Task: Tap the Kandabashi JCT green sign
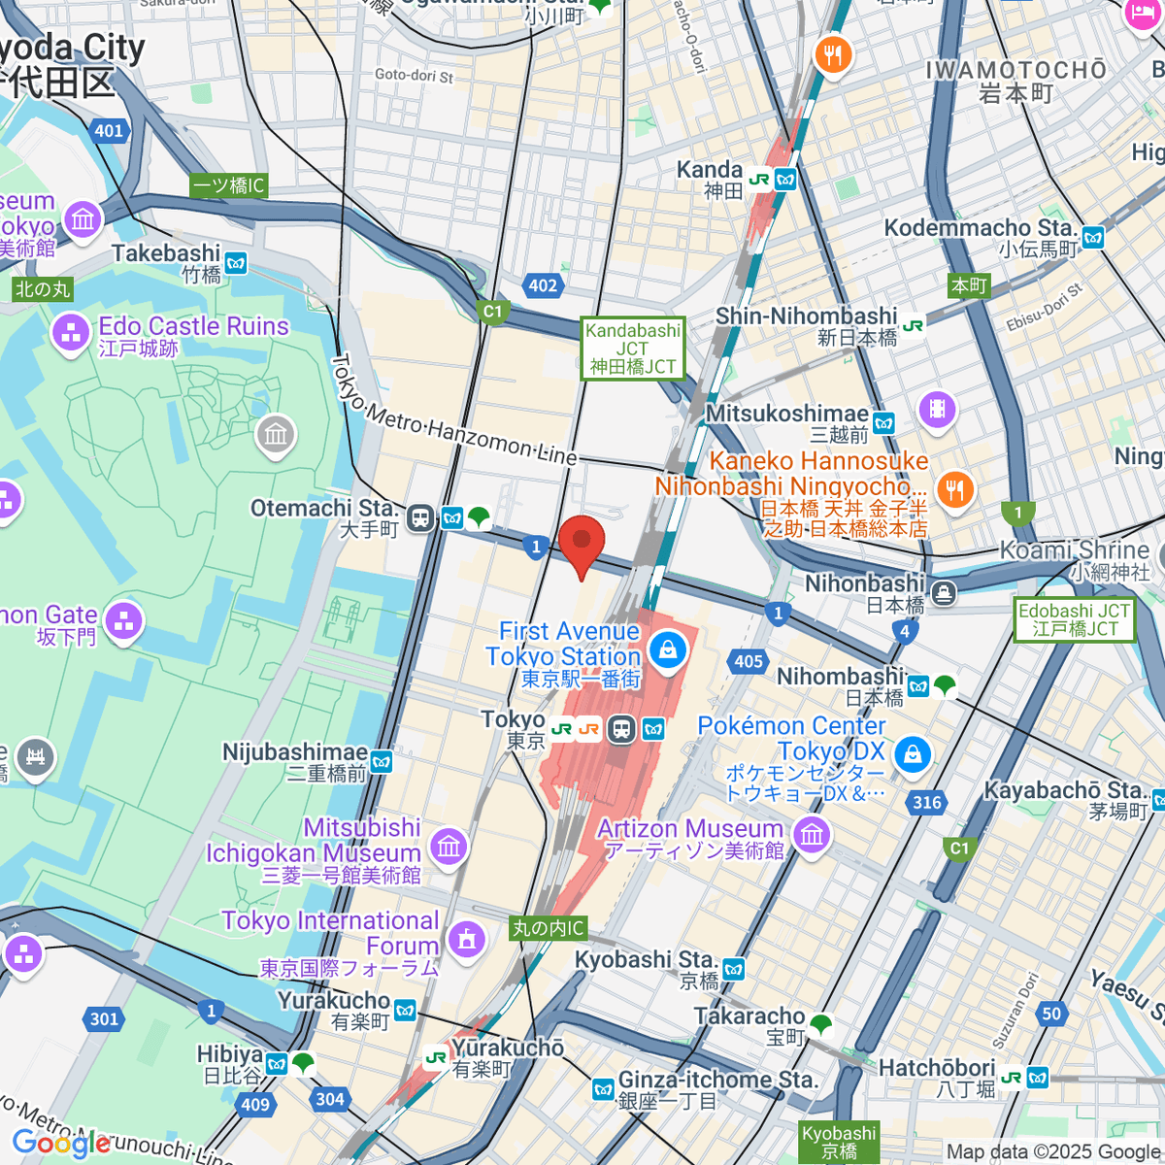click(x=633, y=349)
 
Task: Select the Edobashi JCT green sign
click(x=1074, y=619)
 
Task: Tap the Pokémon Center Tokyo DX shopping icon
click(x=912, y=754)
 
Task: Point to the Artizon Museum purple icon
click(x=812, y=833)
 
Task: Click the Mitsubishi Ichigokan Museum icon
click(x=448, y=846)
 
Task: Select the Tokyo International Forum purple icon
click(x=467, y=939)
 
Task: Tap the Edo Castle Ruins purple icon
click(x=70, y=333)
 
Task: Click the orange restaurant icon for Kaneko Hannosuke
click(x=955, y=489)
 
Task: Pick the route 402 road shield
click(x=543, y=285)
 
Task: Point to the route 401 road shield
click(x=109, y=131)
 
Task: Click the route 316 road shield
click(x=927, y=802)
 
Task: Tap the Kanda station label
click(x=710, y=171)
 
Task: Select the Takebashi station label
click(x=166, y=254)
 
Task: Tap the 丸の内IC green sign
click(x=549, y=928)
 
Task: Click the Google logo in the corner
click(x=61, y=1144)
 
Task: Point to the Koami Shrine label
click(x=1074, y=550)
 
